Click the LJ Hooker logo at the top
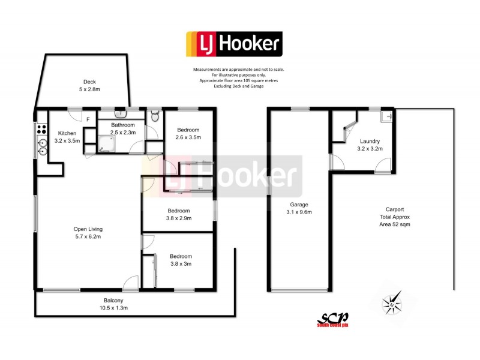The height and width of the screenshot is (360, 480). pyautogui.click(x=234, y=44)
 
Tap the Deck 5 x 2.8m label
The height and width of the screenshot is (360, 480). pyautogui.click(x=89, y=86)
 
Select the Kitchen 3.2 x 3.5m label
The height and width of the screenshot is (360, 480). pyautogui.click(x=66, y=137)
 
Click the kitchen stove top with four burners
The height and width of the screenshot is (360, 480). pyautogui.click(x=42, y=128)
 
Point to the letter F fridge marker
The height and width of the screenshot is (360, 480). pyautogui.click(x=88, y=119)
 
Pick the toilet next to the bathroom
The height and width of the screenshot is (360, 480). pyautogui.click(x=155, y=116)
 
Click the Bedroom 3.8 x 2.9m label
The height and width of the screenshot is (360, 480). pyautogui.click(x=179, y=214)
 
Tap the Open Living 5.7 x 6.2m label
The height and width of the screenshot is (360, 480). pyautogui.click(x=88, y=233)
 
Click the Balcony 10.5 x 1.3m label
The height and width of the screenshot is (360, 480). pyautogui.click(x=113, y=304)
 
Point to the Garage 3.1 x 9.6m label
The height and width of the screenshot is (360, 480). pyautogui.click(x=299, y=208)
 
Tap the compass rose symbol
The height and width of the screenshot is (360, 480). pyautogui.click(x=392, y=303)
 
